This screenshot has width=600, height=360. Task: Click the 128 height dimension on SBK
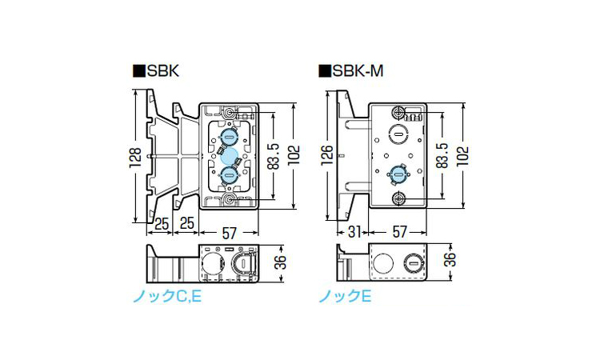coord(135,157)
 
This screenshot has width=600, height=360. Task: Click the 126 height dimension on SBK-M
coord(326,155)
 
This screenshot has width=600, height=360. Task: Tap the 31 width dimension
coord(354,232)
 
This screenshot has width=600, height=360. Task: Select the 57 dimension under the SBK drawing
coord(230,232)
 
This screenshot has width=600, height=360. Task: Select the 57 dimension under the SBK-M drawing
coord(399,232)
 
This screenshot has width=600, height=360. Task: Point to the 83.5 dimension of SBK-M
coord(442,156)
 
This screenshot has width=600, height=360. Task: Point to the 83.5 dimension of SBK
coord(273,157)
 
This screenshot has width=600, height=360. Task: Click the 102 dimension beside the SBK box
coord(294,155)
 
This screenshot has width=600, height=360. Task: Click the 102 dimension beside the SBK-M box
coord(463,155)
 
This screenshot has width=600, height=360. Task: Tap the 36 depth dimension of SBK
coord(282,262)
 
